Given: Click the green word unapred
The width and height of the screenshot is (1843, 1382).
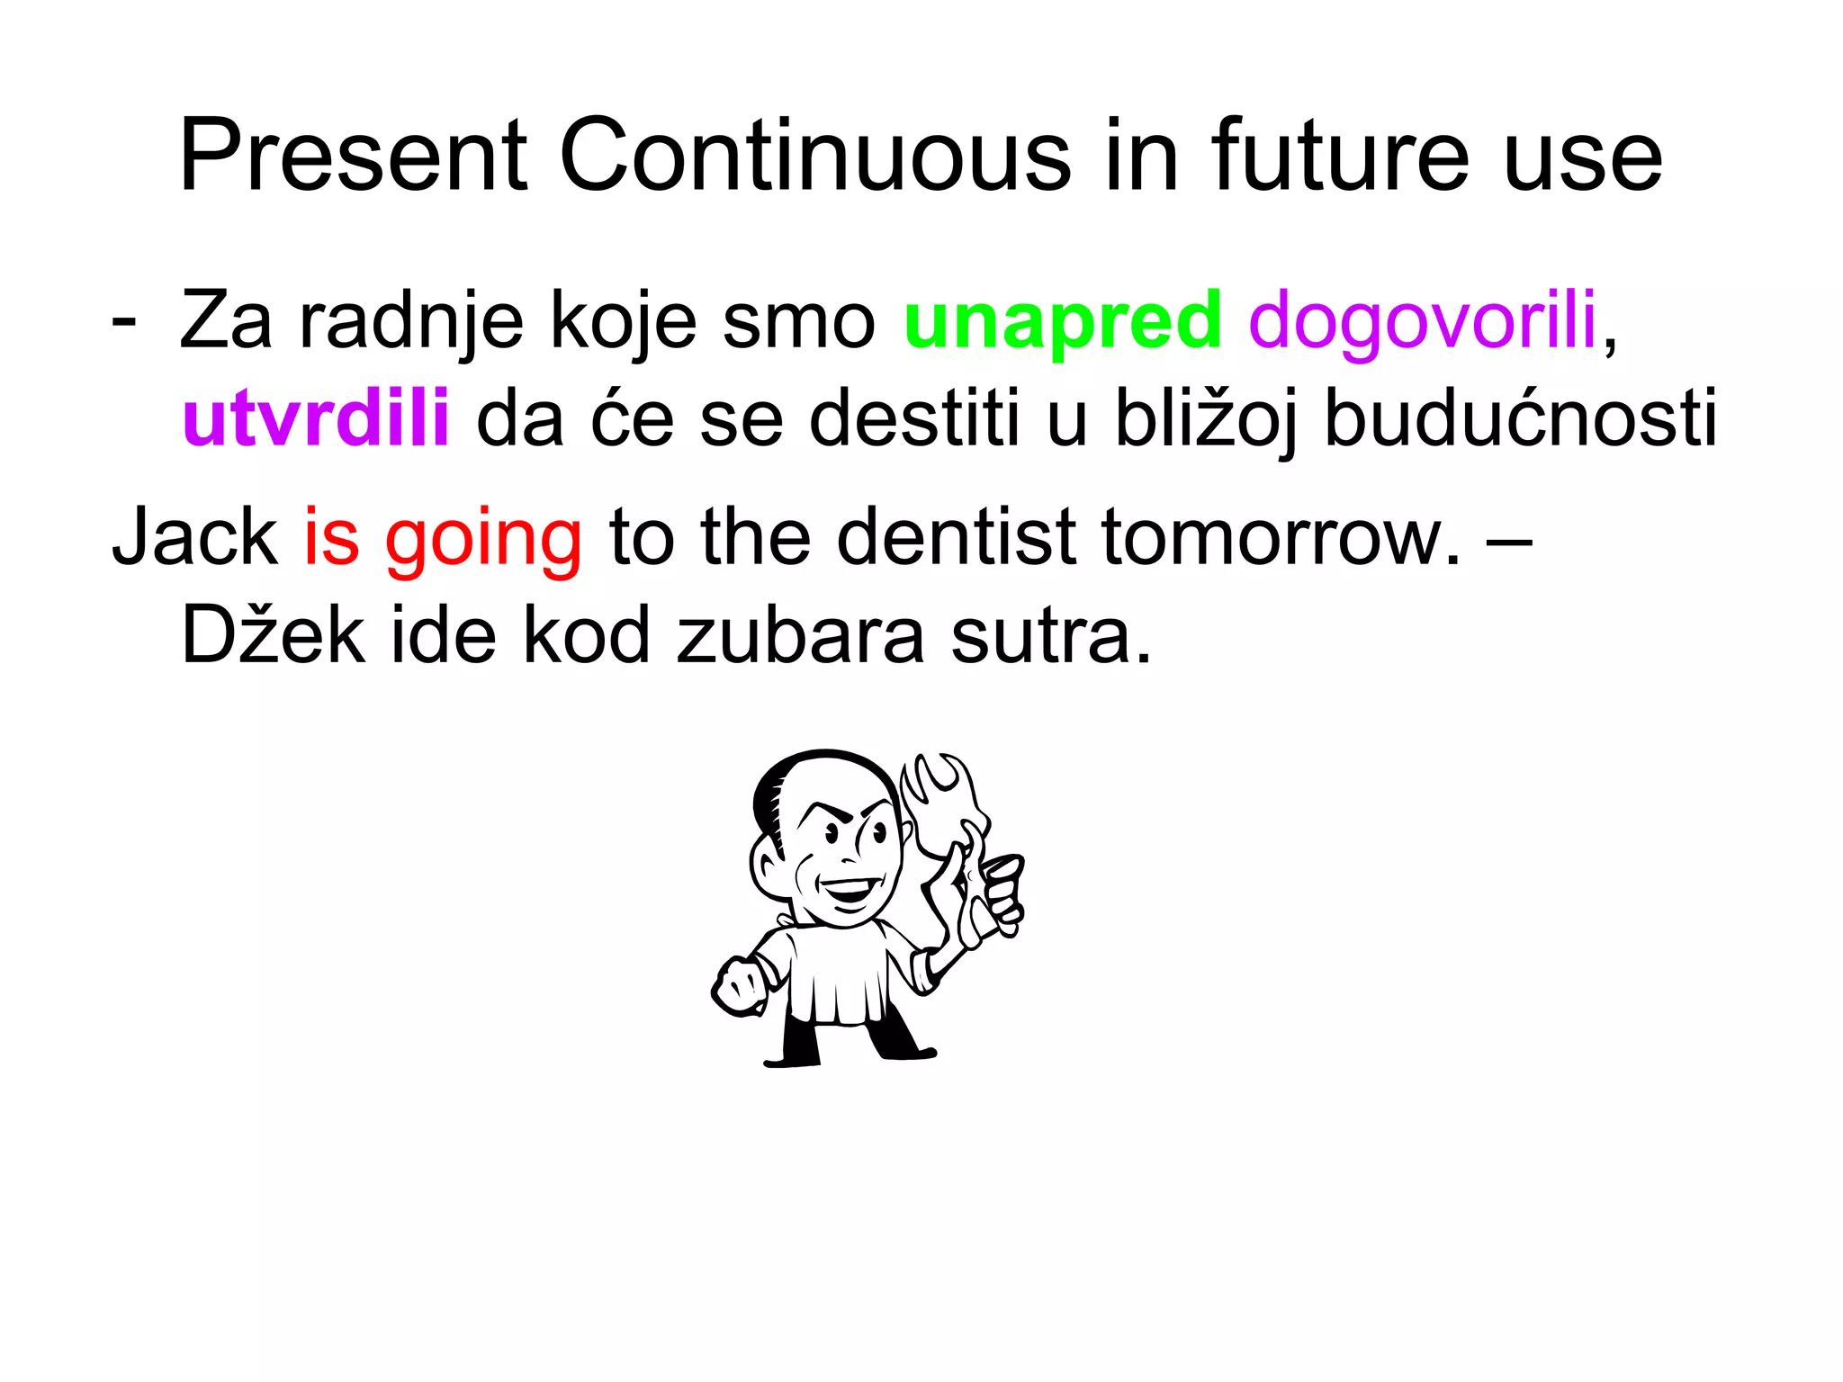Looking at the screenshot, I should pos(1062,322).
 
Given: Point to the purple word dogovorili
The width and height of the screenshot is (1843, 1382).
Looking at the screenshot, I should pos(1422,322).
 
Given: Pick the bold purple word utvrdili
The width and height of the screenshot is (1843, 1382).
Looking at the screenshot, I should pos(315,418).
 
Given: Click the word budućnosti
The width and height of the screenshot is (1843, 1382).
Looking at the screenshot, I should pos(1521,418).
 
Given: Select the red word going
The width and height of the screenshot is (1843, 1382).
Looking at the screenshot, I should pos(483,540).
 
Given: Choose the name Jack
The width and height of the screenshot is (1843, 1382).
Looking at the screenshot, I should pos(194,537).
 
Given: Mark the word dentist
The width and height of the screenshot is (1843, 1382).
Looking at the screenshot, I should pos(956,537).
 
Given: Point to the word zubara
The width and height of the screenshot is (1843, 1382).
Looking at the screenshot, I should pos(800,635).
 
